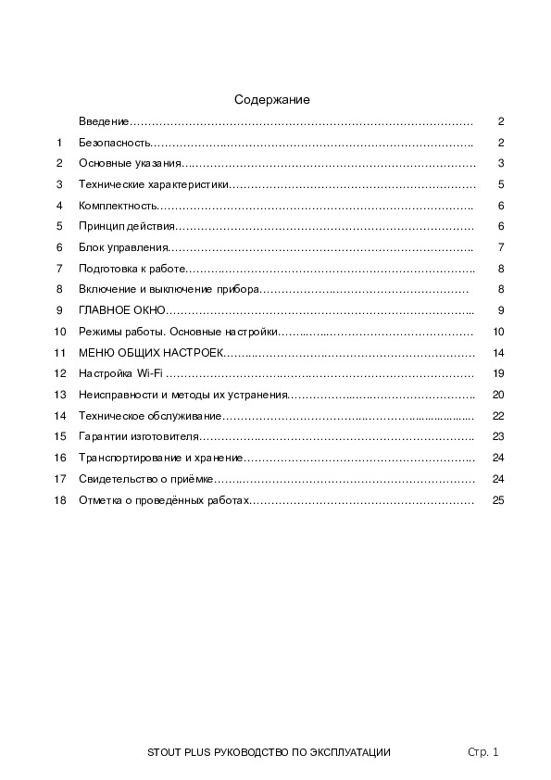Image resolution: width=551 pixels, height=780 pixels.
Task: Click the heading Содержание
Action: point(271,99)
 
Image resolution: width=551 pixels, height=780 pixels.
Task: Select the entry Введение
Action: point(103,122)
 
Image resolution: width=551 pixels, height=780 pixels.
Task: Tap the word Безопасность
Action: point(114,143)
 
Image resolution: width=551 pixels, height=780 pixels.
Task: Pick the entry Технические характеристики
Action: point(153,184)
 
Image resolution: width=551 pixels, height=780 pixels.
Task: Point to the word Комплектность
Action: point(118,206)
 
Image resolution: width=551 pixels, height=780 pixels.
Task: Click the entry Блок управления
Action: point(123,247)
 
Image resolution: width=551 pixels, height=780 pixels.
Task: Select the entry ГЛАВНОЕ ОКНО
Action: point(122,310)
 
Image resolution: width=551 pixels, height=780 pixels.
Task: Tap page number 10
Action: point(497,332)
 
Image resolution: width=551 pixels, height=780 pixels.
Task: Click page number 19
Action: point(497,373)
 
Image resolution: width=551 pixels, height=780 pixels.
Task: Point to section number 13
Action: point(60,395)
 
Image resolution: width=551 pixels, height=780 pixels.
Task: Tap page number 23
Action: point(497,436)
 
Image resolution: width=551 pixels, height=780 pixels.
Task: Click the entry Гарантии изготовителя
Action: point(140,436)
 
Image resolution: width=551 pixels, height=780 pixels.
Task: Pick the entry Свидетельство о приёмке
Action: point(146,479)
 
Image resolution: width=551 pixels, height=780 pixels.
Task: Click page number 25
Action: point(497,500)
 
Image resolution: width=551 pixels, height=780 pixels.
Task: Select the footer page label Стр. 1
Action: point(482,753)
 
